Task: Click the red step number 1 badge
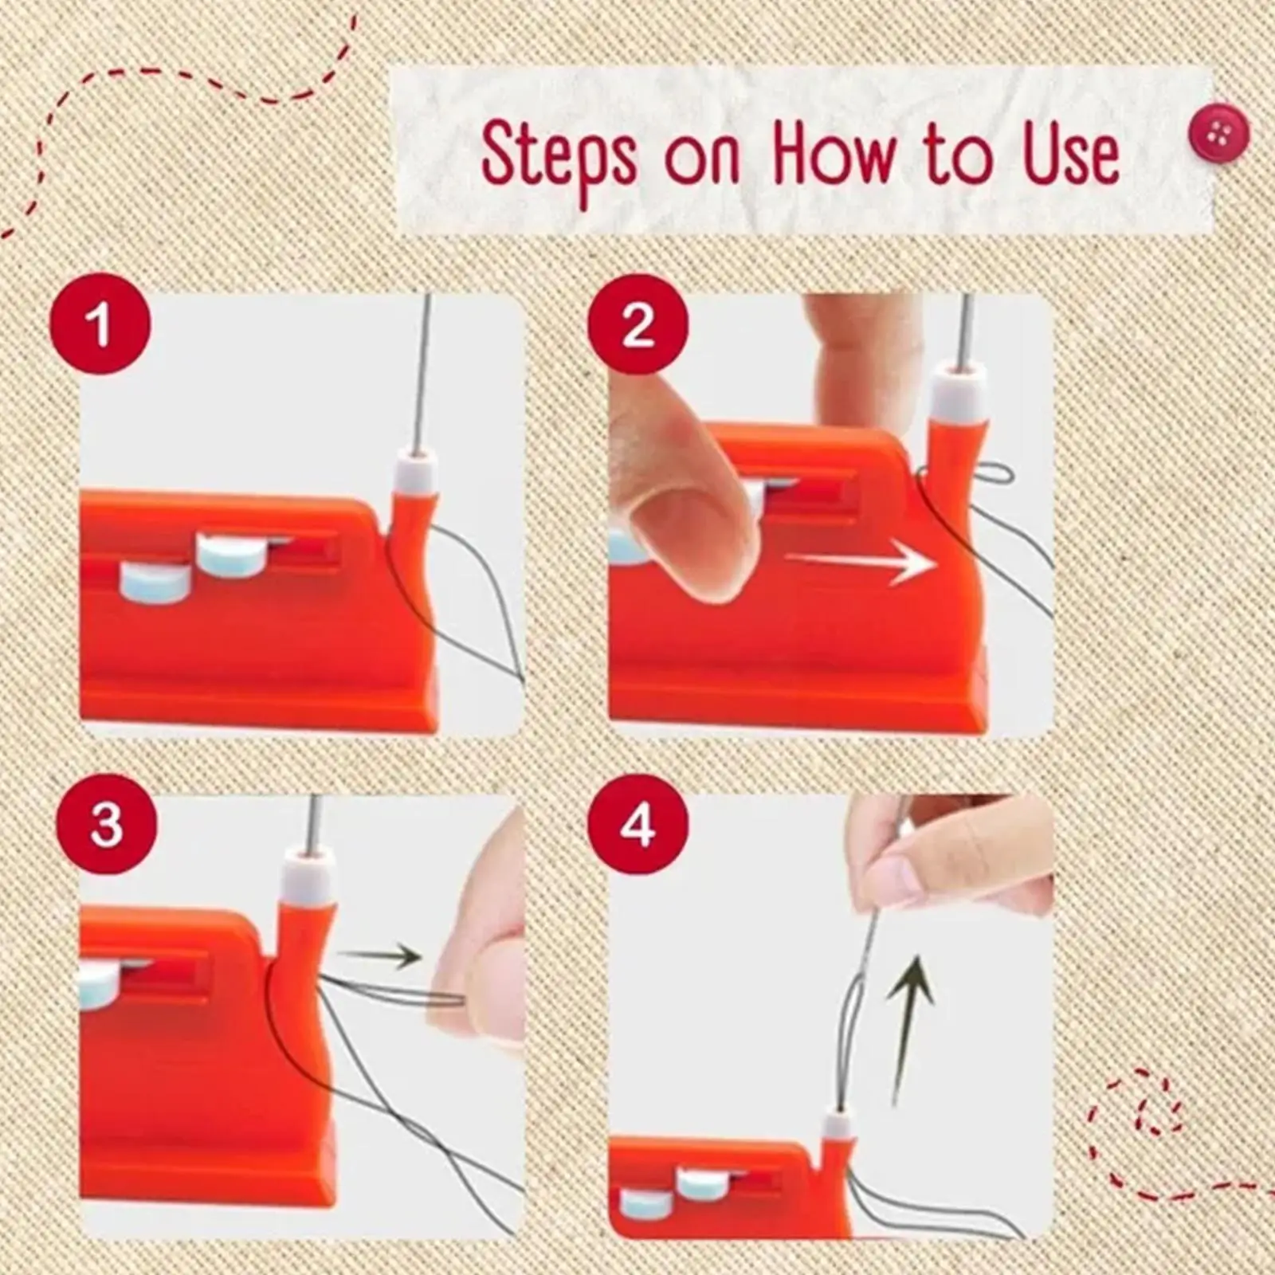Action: [x=100, y=325]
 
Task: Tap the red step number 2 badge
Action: [x=637, y=325]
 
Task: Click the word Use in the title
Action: [x=1070, y=155]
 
